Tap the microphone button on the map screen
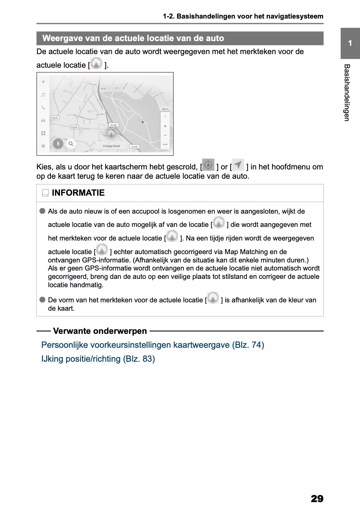(58, 144)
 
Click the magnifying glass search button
(71, 144)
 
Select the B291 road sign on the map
(55, 118)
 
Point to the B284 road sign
(74, 127)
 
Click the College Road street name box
(111, 146)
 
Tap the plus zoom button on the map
(165, 126)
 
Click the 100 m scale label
(165, 109)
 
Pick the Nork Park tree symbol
(142, 123)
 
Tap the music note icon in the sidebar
(43, 95)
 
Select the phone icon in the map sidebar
(43, 108)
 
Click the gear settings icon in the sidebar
(43, 146)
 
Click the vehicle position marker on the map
(111, 133)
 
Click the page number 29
(317, 499)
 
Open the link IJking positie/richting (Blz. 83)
(98, 359)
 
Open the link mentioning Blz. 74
(153, 345)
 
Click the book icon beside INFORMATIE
(45, 193)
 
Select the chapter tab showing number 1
(350, 43)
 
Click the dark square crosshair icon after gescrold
(209, 165)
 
